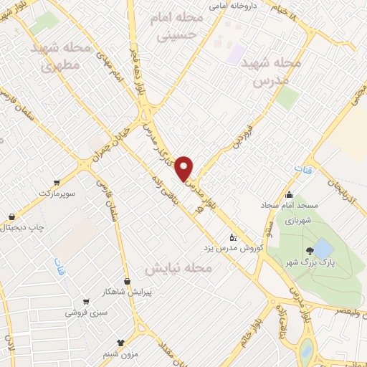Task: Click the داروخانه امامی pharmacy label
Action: pyautogui.click(x=232, y=6)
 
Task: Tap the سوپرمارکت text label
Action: pyautogui.click(x=57, y=194)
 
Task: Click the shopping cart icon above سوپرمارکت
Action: pyautogui.click(x=57, y=183)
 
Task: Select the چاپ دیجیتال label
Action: pyautogui.click(x=21, y=228)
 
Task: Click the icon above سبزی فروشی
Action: pyautogui.click(x=87, y=302)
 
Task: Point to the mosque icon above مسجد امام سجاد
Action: pyautogui.click(x=289, y=195)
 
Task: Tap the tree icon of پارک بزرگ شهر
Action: pyautogui.click(x=309, y=250)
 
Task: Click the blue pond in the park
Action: pyautogui.click(x=323, y=248)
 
